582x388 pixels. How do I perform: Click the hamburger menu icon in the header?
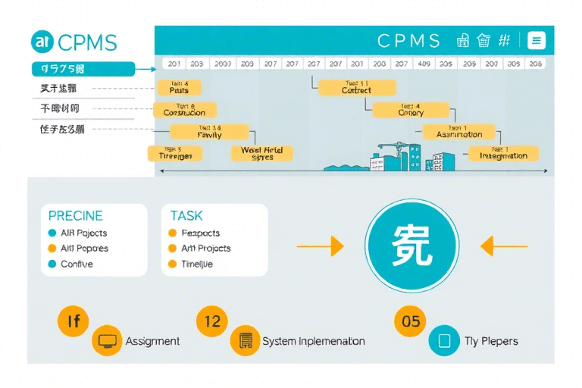pos(536,41)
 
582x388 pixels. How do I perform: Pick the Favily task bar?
pos(209,132)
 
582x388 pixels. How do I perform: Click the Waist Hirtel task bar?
pos(261,153)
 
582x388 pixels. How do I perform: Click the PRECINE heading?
pos(75,216)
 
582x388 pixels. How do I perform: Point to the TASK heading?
pos(186,216)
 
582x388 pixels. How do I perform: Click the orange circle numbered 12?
pos(212,321)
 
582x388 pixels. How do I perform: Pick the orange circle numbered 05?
pos(411,321)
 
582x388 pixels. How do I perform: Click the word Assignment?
pos(152,341)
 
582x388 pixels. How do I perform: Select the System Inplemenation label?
pos(313,341)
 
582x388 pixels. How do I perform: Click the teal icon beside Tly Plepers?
pos(444,340)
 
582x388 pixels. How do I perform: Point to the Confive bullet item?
pos(77,264)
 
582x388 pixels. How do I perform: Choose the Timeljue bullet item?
pos(196,264)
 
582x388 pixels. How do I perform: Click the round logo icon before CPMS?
pos(42,41)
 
